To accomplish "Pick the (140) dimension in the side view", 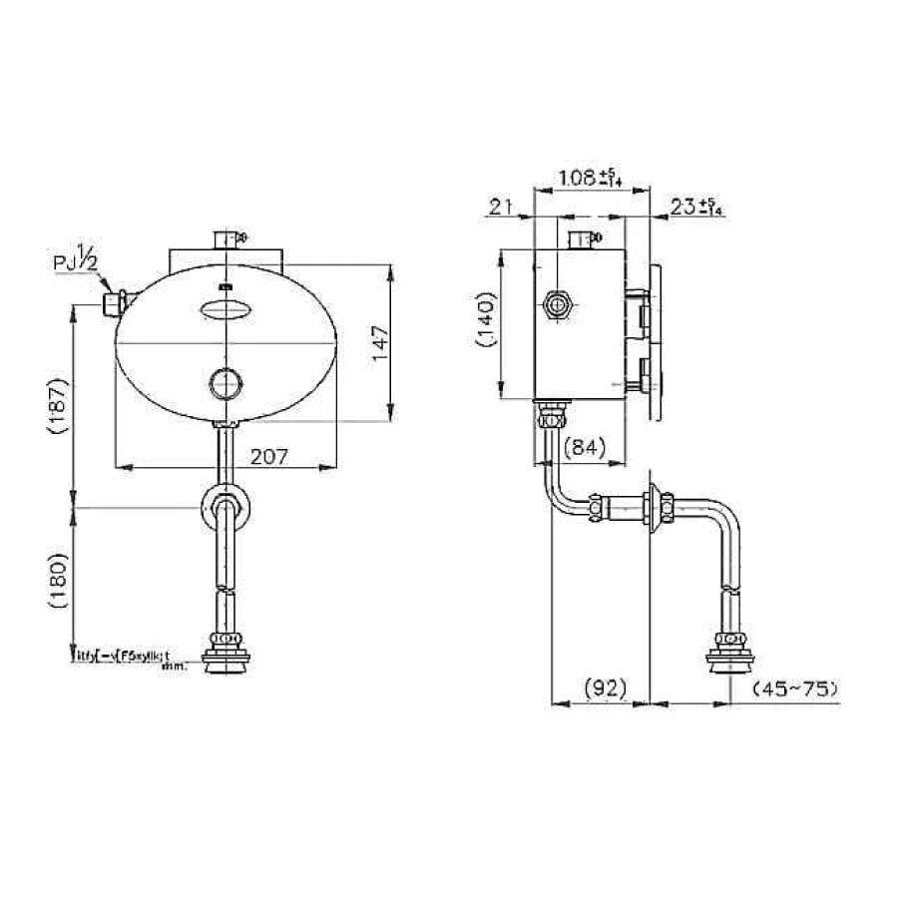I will pyautogui.click(x=485, y=325).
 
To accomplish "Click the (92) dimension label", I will pyautogui.click(x=602, y=687).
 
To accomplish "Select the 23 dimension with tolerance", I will pyautogui.click(x=696, y=207).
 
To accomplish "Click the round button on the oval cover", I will pyautogui.click(x=225, y=381).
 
